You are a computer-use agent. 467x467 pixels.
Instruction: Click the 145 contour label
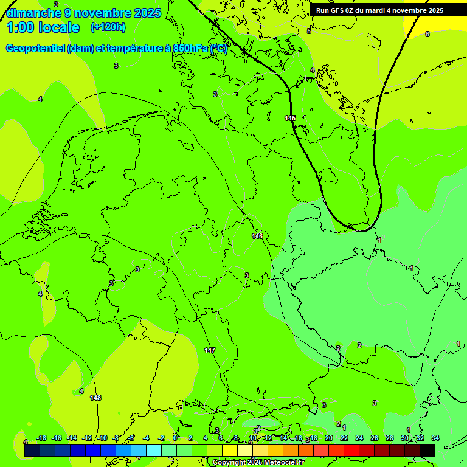290,118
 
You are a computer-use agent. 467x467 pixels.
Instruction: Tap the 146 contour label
257,236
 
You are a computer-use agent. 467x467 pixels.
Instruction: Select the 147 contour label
210,350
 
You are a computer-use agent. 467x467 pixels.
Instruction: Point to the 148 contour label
95,398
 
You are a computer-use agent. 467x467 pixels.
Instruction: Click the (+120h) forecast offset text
108,27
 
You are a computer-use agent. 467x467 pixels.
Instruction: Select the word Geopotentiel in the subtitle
36,48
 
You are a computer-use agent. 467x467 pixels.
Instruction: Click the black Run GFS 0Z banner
379,10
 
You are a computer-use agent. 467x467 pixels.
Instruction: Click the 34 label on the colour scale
435,438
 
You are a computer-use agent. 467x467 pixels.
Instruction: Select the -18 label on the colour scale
42,438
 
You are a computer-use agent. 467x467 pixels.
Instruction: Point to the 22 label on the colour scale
344,438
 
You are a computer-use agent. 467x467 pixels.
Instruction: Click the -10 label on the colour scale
103,438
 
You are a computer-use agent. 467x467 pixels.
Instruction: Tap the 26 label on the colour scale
374,438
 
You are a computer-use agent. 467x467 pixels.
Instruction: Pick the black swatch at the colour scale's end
427,450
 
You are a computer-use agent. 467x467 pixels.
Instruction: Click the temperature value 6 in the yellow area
427,34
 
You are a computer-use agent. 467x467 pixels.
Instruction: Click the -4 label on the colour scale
146,438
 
